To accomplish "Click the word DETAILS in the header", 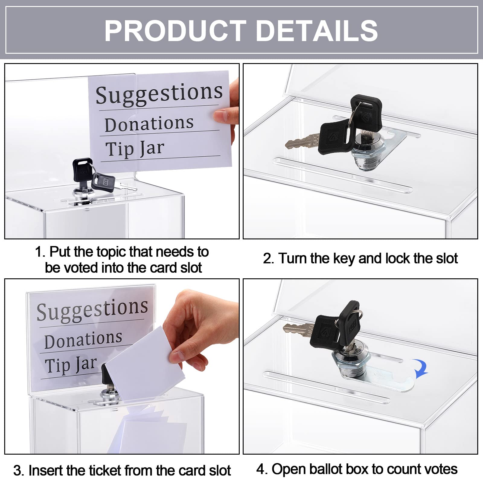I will coord(317,31).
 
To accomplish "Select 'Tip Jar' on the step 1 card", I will coord(135,149).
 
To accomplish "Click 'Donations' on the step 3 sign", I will coord(83,339).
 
